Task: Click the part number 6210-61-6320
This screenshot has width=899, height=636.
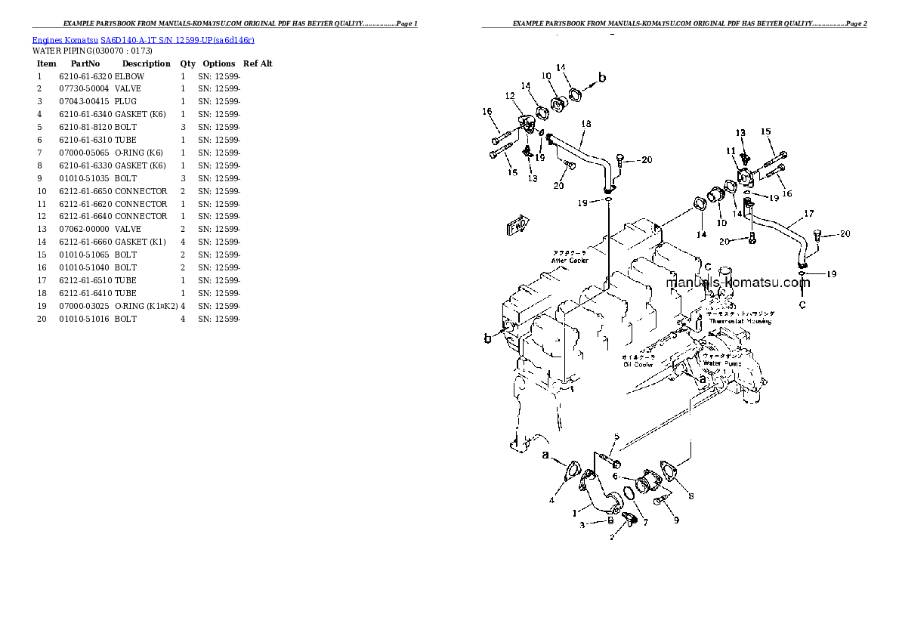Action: pos(85,76)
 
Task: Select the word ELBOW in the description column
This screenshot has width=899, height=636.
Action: pos(129,76)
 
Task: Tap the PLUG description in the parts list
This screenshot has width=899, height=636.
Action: pos(125,101)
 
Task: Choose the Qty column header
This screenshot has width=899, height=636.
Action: pos(187,63)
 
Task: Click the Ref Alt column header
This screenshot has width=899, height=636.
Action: pos(258,63)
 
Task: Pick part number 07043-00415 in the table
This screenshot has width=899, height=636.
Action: pos(84,101)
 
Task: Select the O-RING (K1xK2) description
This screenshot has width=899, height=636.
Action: pos(147,306)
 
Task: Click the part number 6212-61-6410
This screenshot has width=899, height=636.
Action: pos(85,293)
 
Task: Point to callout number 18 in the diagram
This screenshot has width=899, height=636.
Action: pos(585,123)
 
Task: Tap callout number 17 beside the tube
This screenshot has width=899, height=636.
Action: pos(808,213)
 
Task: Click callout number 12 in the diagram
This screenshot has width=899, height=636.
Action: pos(510,96)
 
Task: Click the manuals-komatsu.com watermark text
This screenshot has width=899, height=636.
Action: pos(737,283)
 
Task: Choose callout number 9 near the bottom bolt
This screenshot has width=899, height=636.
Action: pos(676,520)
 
